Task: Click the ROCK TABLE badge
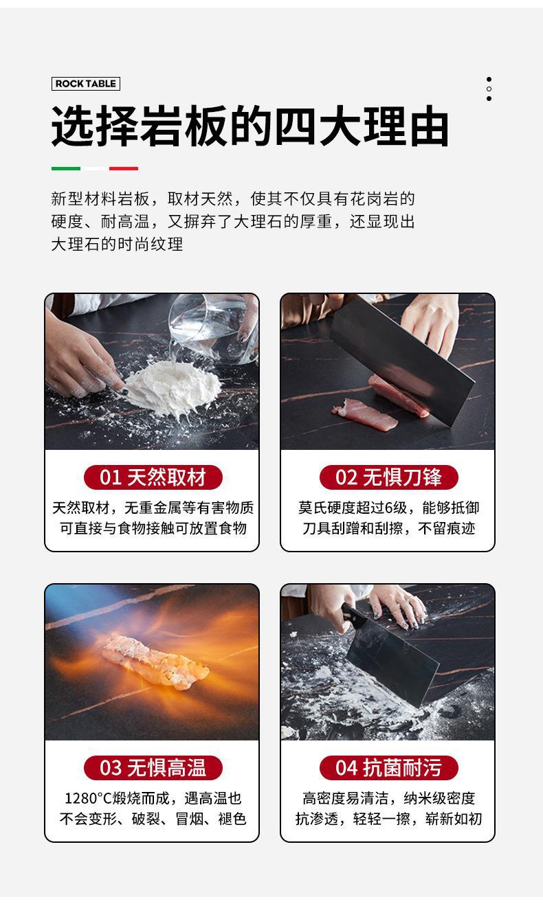point(86,84)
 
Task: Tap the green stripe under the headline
point(66,168)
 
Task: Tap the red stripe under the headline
point(124,168)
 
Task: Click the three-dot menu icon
point(489,89)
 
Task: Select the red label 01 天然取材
point(153,477)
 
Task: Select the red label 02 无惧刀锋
point(388,477)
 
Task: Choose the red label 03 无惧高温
point(153,768)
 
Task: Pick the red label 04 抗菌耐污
point(388,768)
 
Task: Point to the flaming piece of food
point(156,661)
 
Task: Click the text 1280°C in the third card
point(88,798)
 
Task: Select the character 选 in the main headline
point(74,126)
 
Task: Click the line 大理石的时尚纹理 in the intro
point(117,245)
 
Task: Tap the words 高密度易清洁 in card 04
point(346,798)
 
